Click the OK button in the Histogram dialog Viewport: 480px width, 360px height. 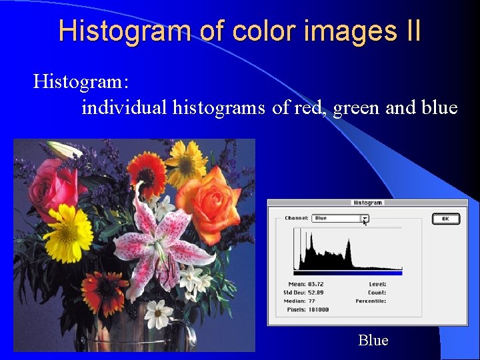coord(445,219)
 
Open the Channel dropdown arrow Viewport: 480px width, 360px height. coord(365,218)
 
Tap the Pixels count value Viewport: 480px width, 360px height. coord(318,309)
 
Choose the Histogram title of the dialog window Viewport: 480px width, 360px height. coord(367,203)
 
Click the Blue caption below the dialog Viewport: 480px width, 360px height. coord(373,340)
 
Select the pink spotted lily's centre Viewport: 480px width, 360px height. coord(157,240)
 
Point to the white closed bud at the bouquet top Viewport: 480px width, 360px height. coord(67,149)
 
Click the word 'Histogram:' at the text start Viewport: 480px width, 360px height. coord(81,82)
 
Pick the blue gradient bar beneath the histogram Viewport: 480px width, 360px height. coord(347,273)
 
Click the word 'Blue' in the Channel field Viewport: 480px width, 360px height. coord(321,218)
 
